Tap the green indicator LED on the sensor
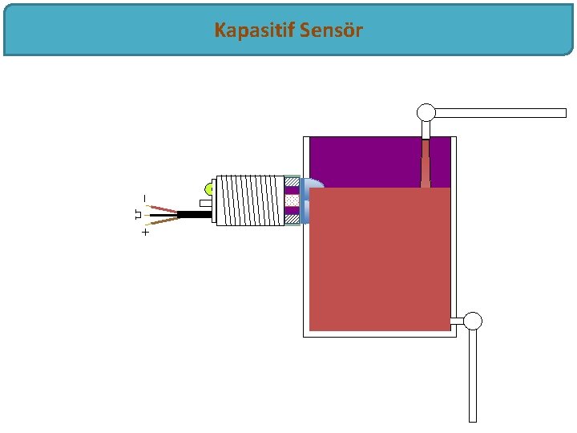(x=208, y=189)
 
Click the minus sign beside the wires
(x=145, y=197)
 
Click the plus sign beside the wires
(x=145, y=233)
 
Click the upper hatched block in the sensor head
(x=292, y=182)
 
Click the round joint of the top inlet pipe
(x=426, y=112)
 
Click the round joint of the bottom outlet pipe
(x=473, y=322)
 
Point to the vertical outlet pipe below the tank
(x=473, y=377)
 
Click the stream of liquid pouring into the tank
(x=426, y=164)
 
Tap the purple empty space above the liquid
(x=369, y=160)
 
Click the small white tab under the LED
(x=206, y=203)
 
